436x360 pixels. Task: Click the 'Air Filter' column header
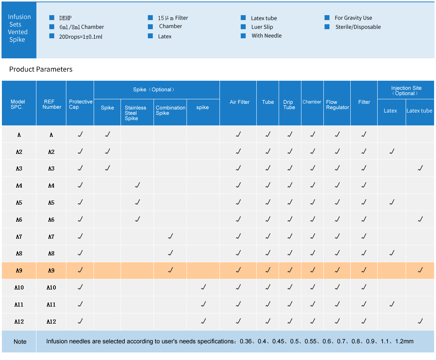pos(239,102)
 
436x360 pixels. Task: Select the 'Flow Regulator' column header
pos(337,105)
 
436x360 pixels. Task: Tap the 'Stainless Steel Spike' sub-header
pos(135,113)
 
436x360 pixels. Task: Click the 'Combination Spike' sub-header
pos(170,110)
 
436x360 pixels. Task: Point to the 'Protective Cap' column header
pos(80,104)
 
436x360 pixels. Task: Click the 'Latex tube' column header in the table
pos(419,111)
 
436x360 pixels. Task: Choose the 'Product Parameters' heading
pos(41,69)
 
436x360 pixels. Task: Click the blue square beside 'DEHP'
pos(52,18)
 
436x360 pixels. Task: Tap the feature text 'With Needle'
pos(267,36)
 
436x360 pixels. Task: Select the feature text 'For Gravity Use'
pos(353,18)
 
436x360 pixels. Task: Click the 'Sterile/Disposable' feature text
pos(358,27)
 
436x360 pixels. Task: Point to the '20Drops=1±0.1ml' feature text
pos(81,37)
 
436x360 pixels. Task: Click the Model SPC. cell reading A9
pos(19,271)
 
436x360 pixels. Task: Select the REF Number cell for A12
pos(51,322)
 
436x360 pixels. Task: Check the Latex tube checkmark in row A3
pos(420,168)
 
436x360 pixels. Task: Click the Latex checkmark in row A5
pos(392,202)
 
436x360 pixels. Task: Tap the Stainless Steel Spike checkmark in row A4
pos(137,185)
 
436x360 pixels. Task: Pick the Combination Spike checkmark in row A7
pos(170,236)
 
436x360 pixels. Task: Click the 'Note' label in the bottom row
pos(20,341)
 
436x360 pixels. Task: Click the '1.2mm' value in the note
pos(404,341)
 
